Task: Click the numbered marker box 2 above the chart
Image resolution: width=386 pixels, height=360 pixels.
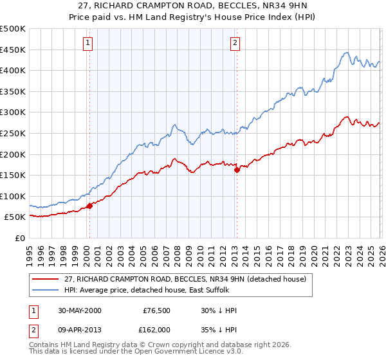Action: click(x=235, y=43)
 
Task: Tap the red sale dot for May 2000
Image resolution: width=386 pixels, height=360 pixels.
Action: click(x=89, y=206)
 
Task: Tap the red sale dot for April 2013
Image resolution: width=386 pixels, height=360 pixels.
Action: click(x=237, y=170)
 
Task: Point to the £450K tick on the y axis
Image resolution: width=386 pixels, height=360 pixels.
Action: click(x=13, y=50)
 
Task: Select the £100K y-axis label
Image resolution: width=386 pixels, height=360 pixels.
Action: click(x=13, y=196)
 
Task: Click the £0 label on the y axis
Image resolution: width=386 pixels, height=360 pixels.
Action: click(x=19, y=239)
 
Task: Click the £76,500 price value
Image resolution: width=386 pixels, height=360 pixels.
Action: click(x=156, y=310)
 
